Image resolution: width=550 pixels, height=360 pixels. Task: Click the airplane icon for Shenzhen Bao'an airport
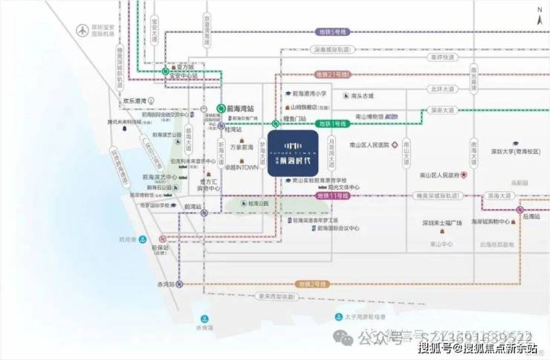80,30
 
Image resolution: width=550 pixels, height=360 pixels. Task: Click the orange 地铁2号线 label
312,284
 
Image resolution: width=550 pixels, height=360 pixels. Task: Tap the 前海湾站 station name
241,106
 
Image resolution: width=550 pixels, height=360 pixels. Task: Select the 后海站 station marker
520,210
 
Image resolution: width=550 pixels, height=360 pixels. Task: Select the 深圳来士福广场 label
441,223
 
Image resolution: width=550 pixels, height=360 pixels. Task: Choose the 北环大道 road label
441,89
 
